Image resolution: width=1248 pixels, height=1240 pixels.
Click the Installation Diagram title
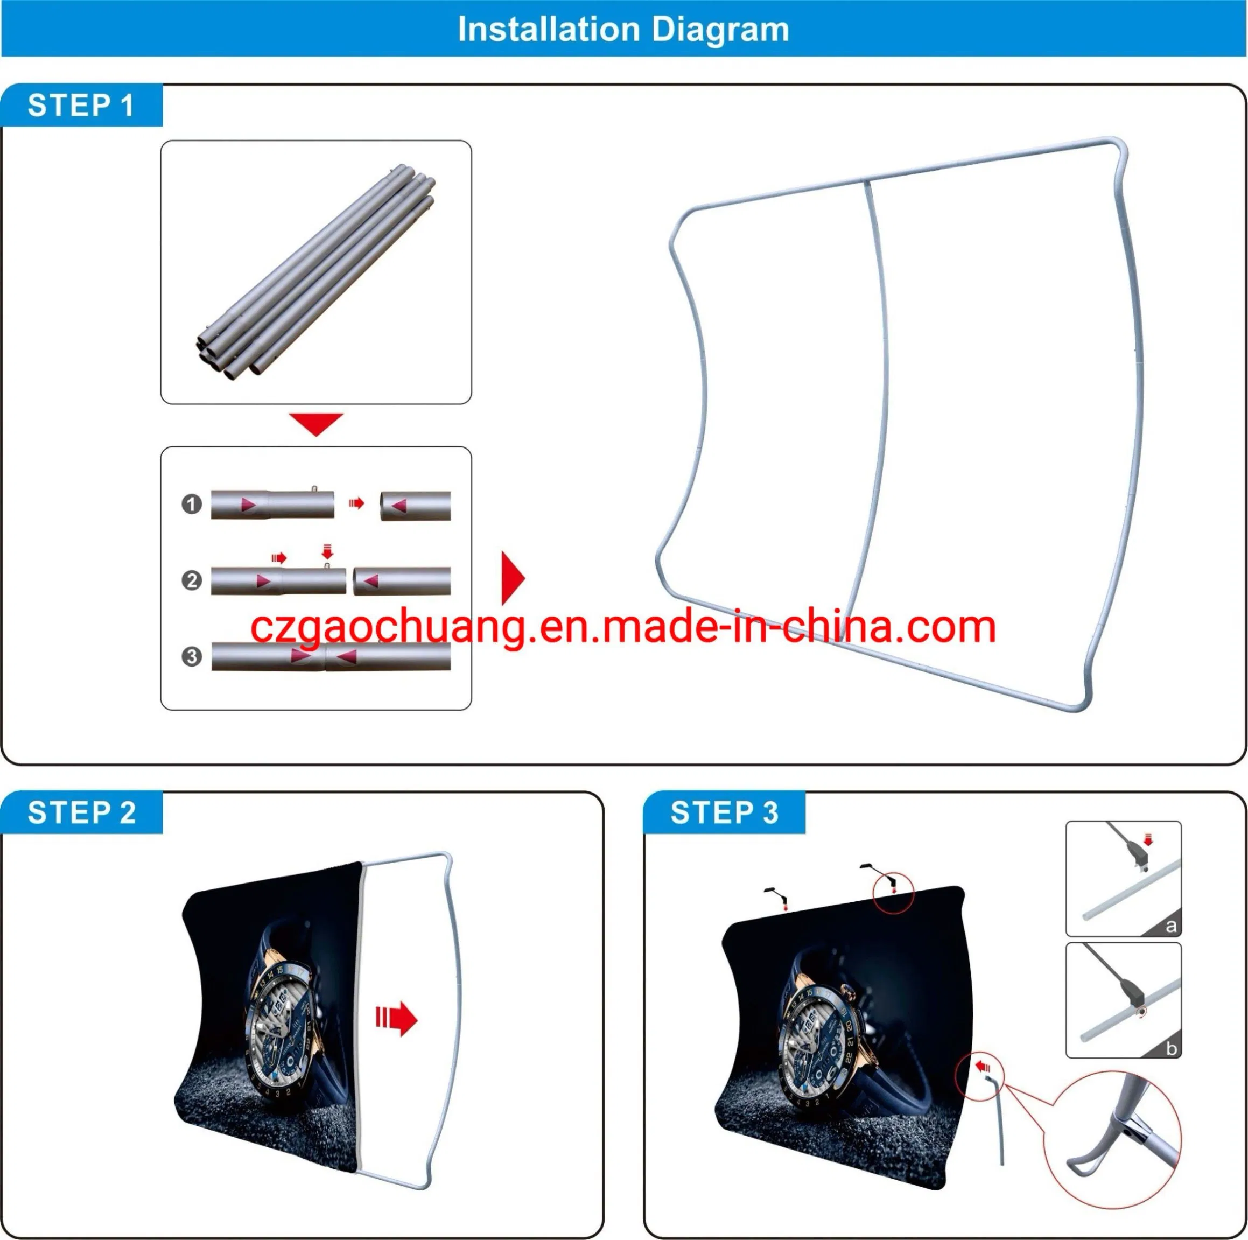coord(623,29)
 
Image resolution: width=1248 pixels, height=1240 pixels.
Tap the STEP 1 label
coord(81,106)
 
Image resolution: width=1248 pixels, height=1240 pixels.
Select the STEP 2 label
coord(81,812)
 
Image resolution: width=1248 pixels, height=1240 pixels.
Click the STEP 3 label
coord(724,812)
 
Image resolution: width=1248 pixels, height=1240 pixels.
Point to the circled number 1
coord(191,503)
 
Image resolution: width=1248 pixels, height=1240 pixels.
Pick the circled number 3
coord(191,656)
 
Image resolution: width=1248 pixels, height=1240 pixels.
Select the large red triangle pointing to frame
coord(512,578)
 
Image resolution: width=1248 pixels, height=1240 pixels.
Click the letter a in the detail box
coord(1170,927)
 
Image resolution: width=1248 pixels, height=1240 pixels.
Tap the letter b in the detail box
coord(1170,1048)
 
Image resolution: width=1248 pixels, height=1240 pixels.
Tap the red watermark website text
coord(623,627)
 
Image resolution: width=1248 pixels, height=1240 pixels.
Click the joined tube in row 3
coord(331,656)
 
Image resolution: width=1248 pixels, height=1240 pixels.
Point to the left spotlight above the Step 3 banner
coord(777,897)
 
